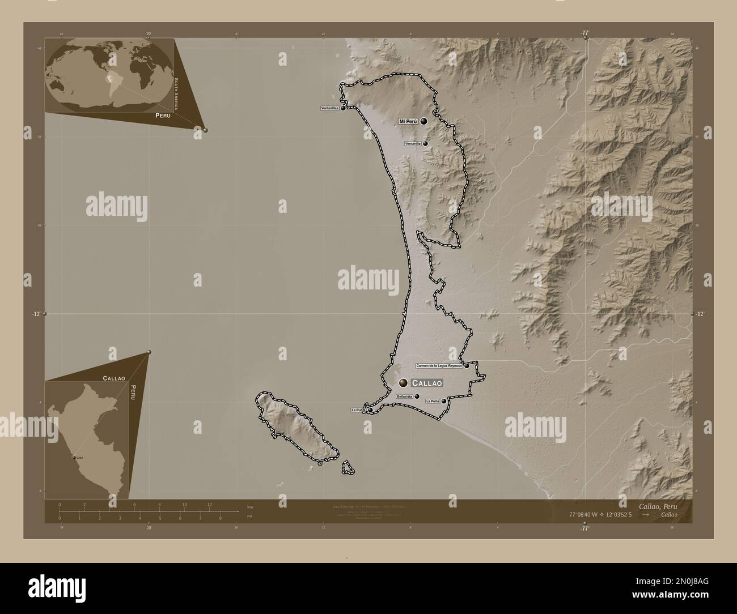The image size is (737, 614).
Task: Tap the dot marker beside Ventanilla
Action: (x=425, y=144)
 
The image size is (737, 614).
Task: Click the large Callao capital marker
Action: (x=403, y=383)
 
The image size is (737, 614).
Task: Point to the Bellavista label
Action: (x=405, y=397)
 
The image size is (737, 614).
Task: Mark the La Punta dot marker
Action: (x=370, y=410)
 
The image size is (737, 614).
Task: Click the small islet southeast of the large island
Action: (x=348, y=467)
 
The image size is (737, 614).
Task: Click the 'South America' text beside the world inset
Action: (x=176, y=93)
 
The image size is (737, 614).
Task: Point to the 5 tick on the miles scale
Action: (x=160, y=518)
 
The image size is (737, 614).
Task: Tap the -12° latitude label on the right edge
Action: (x=701, y=313)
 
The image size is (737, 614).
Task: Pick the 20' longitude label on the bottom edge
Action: (x=149, y=528)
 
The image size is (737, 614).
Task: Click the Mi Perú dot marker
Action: (x=423, y=121)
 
